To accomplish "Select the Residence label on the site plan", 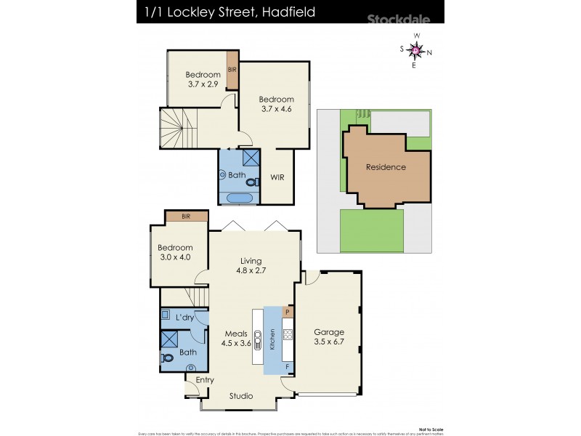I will (386, 167).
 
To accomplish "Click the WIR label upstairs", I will (277, 177).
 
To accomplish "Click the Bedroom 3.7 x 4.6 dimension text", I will (276, 110).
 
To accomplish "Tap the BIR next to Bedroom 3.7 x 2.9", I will (232, 69).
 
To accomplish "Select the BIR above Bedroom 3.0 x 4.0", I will (186, 216).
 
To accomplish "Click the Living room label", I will (251, 261).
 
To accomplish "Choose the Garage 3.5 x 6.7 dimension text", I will (329, 342).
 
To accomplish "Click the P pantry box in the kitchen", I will (288, 312).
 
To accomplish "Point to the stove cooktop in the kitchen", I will (287, 335).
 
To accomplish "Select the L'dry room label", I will (184, 319).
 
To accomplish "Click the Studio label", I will (241, 396).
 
